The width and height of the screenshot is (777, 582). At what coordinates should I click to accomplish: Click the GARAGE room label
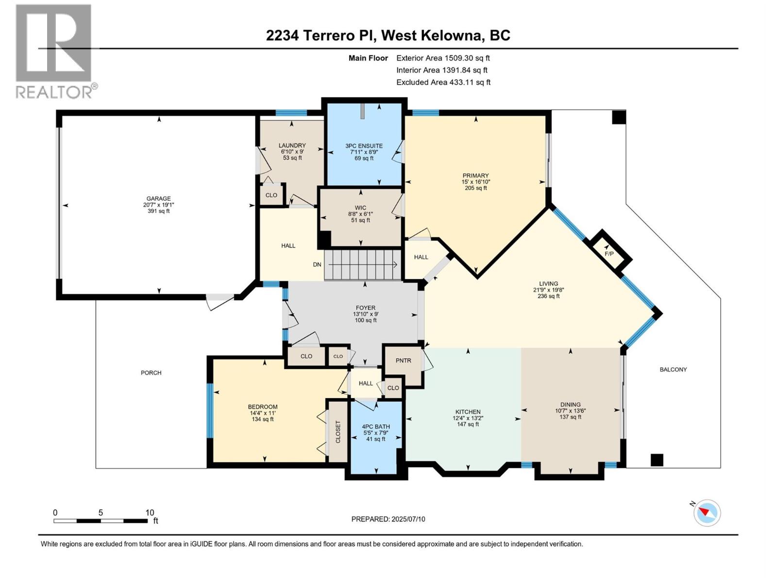click(159, 198)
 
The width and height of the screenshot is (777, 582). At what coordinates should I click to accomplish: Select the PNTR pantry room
click(403, 366)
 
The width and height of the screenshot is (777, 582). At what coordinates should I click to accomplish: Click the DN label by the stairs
click(317, 264)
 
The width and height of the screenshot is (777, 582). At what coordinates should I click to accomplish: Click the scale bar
click(101, 521)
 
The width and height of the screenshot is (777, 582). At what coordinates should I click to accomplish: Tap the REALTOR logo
click(56, 51)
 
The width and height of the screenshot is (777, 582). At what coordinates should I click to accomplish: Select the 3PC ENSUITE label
click(364, 145)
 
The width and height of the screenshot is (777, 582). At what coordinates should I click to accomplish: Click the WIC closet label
click(360, 208)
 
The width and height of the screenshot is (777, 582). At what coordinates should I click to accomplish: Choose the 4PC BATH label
click(375, 426)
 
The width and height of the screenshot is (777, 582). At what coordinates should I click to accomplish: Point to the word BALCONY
click(673, 369)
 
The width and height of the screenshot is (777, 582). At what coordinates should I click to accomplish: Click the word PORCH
click(151, 372)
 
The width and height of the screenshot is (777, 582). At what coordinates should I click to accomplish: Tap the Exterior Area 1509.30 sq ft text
click(443, 58)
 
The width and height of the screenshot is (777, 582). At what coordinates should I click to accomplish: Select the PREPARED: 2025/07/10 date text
click(388, 519)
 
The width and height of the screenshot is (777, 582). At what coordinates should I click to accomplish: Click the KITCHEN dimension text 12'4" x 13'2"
click(468, 418)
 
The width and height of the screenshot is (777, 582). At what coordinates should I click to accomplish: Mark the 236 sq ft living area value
click(548, 296)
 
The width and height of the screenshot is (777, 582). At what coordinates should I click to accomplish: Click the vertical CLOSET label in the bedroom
click(338, 432)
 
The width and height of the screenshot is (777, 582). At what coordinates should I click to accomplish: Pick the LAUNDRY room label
click(292, 145)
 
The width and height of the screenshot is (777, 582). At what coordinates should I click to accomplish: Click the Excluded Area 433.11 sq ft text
click(443, 82)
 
